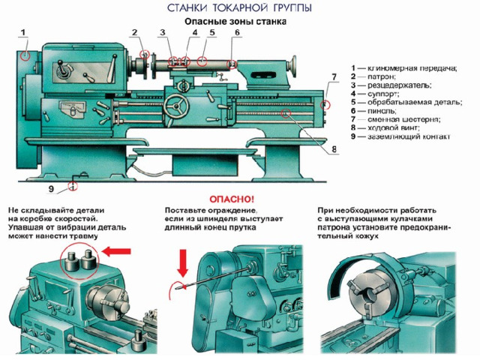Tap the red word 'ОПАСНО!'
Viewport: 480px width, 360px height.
point(232,199)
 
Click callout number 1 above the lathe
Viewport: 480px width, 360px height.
point(23,32)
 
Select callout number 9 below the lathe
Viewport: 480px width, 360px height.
point(52,187)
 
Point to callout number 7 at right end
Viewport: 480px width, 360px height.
point(334,77)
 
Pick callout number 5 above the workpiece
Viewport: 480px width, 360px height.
point(213,33)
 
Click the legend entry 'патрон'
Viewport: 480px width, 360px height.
point(379,76)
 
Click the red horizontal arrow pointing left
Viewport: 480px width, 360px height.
point(118,251)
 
